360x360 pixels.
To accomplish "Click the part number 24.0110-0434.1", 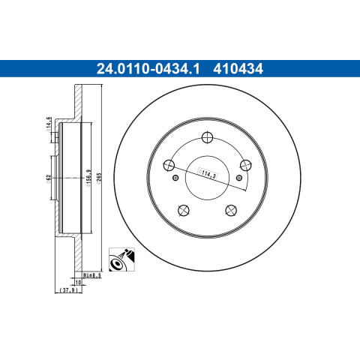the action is tap(148, 69).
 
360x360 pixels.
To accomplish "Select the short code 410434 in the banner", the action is tap(238, 69).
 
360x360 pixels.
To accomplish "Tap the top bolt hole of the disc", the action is tap(207, 137).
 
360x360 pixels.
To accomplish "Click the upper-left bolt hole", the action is tap(169, 165).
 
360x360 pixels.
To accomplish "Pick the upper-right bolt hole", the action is tap(246, 165).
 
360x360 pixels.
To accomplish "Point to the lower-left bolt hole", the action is tap(184, 210).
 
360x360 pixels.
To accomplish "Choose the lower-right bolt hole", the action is tap(231, 210).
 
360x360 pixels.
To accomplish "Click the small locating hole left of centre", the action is tap(175, 178).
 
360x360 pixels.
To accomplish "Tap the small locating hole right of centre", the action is tap(239, 178).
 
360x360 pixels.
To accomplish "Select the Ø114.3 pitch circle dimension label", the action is tap(207, 174).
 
